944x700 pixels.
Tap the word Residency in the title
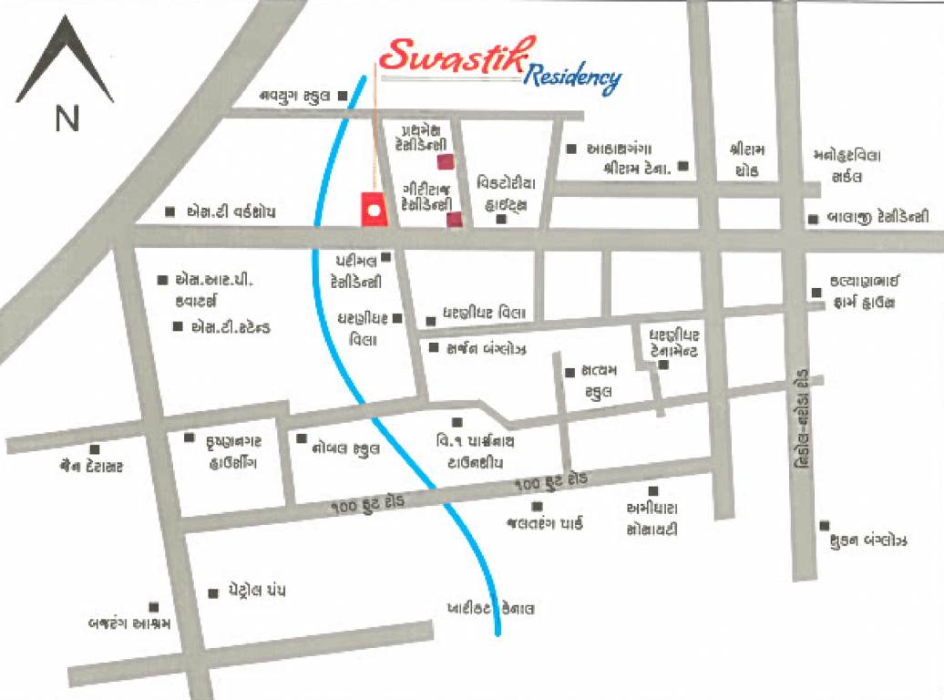[x=573, y=79]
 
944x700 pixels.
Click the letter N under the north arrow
[x=67, y=119]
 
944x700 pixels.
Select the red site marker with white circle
[x=373, y=210]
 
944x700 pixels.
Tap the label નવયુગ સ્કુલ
[x=295, y=95]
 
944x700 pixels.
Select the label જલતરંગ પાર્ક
[x=544, y=523]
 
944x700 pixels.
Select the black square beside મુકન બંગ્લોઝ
[x=824, y=525]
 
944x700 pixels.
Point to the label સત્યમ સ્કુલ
[x=595, y=381]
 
